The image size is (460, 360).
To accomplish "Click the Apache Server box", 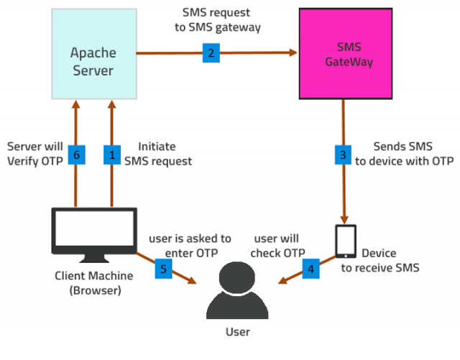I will click(93, 53).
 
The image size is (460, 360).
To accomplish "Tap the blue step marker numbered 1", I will click(111, 154).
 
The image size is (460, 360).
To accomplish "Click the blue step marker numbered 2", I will click(211, 52).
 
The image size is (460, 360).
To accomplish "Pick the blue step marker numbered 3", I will click(344, 154).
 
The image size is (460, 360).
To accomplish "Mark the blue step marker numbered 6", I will click(75, 154).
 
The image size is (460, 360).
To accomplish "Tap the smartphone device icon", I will click(346, 241).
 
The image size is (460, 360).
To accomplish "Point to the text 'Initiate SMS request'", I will click(158, 154).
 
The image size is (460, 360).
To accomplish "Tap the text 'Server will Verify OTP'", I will click(34, 154).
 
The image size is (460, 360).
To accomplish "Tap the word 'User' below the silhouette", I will click(236, 332).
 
